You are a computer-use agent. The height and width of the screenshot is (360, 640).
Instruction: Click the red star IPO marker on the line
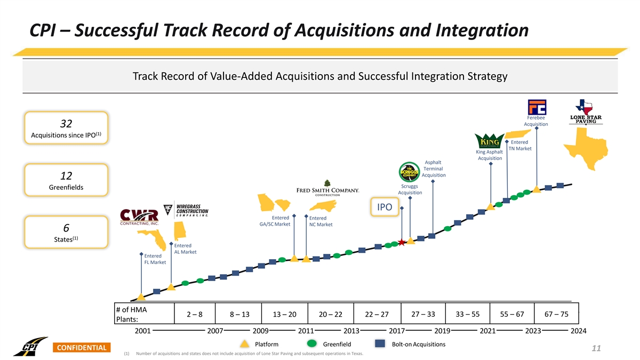click(x=401, y=243)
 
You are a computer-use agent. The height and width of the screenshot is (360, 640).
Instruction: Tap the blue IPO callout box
click(x=384, y=207)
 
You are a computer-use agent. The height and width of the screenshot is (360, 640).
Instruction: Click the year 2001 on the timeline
click(x=142, y=331)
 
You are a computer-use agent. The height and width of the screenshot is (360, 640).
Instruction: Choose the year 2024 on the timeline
click(x=578, y=331)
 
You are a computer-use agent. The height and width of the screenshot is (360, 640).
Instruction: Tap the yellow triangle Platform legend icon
click(x=244, y=344)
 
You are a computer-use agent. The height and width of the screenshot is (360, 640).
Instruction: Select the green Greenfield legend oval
click(x=313, y=344)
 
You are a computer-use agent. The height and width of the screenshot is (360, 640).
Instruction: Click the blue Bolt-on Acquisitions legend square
click(x=380, y=344)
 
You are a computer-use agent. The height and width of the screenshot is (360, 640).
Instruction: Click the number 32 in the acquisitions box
click(x=66, y=124)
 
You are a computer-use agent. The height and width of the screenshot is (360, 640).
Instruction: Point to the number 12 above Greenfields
click(x=66, y=176)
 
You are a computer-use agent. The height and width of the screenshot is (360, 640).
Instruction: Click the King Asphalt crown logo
click(x=489, y=142)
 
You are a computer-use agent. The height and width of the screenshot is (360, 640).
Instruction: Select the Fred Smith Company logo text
click(x=327, y=191)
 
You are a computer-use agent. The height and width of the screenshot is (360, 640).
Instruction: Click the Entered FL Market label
click(x=155, y=259)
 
